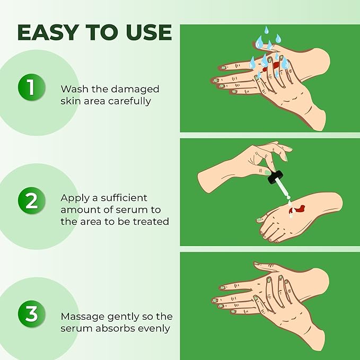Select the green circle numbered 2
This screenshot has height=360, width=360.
coord(30,201)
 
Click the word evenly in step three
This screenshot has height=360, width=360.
coord(153,328)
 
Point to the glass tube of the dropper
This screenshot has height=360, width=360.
coord(284,191)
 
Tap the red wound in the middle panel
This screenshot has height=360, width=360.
coord(297,208)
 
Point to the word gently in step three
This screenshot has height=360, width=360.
coord(119,317)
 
